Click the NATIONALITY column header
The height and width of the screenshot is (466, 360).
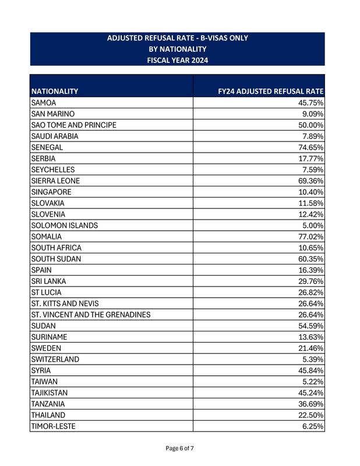pyautogui.click(x=55, y=91)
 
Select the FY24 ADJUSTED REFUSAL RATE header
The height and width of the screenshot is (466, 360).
pyautogui.click(x=270, y=91)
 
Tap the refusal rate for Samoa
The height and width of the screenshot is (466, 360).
pyautogui.click(x=311, y=103)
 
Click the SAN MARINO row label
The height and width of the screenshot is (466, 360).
pyautogui.click(x=53, y=114)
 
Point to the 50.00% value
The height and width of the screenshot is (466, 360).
pyautogui.click(x=311, y=125)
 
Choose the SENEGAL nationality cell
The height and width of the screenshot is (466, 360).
pyautogui.click(x=47, y=147)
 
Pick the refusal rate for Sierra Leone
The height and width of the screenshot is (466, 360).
pyautogui.click(x=311, y=181)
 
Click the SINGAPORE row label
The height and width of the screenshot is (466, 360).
pyautogui.click(x=52, y=192)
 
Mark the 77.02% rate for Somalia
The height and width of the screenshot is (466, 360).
pyautogui.click(x=311, y=236)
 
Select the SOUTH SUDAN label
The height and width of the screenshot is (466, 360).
pyautogui.click(x=57, y=259)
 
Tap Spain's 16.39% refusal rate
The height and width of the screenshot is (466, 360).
pyautogui.click(x=311, y=270)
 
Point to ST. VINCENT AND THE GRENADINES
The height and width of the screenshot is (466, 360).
pyautogui.click(x=91, y=315)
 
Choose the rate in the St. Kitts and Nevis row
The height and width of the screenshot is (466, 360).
pyautogui.click(x=311, y=303)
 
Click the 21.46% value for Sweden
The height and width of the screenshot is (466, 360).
pyautogui.click(x=311, y=348)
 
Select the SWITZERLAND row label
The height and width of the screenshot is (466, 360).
pyautogui.click(x=55, y=359)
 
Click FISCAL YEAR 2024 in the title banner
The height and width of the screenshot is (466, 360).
pyautogui.click(x=178, y=60)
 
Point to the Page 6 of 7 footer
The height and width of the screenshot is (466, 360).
pyautogui.click(x=179, y=448)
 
